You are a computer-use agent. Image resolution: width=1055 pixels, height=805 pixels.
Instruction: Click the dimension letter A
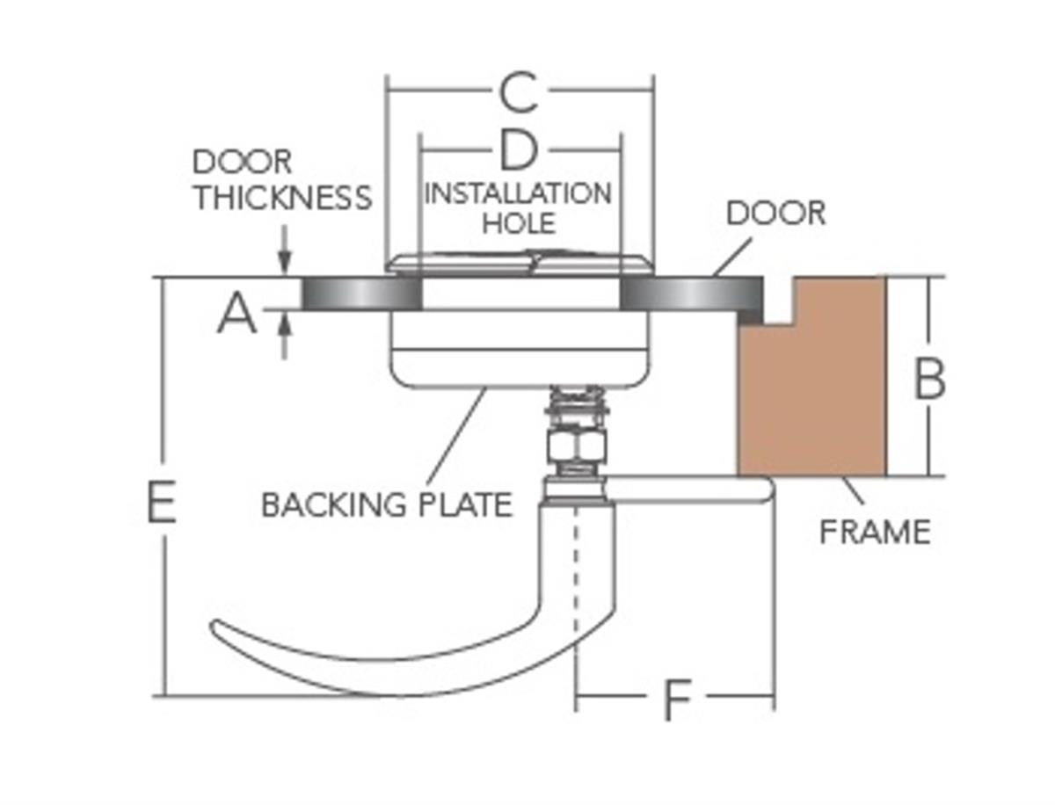[237, 315]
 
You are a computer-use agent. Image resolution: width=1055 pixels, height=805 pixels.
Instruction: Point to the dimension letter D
[519, 151]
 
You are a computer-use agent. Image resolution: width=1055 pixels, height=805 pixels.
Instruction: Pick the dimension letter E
[162, 503]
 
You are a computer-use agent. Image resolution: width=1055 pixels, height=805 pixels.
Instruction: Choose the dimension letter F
[675, 700]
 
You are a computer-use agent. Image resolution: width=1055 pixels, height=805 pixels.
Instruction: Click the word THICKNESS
[283, 197]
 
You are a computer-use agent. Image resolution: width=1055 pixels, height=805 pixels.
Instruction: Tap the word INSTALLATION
[518, 193]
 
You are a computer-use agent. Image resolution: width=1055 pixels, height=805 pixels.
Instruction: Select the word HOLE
[520, 221]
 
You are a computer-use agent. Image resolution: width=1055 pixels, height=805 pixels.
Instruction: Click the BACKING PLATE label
[387, 504]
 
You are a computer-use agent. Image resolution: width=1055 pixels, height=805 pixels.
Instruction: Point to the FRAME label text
[875, 532]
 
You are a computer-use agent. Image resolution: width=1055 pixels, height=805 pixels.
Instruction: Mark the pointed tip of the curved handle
[215, 625]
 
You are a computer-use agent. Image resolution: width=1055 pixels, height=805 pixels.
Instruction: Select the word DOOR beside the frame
[776, 212]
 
